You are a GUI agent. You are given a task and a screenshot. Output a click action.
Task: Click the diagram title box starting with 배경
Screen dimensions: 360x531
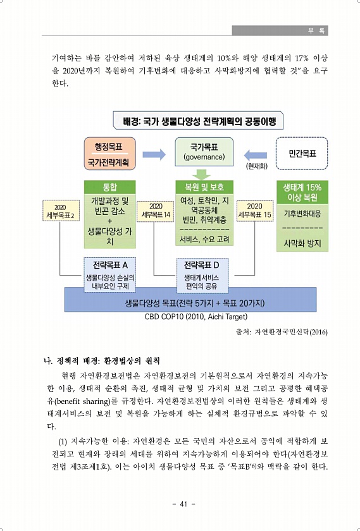coord(198,121)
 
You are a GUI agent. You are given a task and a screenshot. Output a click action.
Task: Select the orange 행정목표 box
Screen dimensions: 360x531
coord(109,154)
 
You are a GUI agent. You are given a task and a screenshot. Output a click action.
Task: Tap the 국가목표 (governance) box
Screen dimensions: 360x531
coord(204,152)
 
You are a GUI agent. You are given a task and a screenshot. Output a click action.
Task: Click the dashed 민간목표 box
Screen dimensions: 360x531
coord(302,154)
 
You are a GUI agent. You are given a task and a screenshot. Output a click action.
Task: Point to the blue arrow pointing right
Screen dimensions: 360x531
coord(154,155)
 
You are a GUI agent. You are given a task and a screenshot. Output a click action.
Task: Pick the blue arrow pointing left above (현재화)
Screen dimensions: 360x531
coord(255,156)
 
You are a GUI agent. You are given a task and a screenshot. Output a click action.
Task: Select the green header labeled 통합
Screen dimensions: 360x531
coord(110,187)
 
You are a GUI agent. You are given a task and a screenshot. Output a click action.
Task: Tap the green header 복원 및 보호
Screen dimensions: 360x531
coord(204,187)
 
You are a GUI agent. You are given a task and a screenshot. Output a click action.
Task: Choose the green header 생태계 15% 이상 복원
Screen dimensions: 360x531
coord(302,192)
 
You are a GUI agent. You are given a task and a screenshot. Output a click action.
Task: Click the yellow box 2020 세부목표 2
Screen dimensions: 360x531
coord(61,211)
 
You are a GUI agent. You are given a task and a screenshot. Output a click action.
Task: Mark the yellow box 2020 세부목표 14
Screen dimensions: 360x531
coord(156,211)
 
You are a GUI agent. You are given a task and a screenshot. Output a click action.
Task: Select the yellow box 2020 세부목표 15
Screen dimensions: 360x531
coord(254,211)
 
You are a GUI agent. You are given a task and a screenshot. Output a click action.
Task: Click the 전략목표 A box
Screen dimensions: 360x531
coord(110,276)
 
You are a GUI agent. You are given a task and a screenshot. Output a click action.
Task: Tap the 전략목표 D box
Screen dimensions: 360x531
coord(202,276)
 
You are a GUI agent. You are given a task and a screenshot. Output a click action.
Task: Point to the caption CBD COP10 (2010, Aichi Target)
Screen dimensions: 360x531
coord(196,317)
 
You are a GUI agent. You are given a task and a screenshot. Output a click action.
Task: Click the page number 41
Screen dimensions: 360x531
coord(183,504)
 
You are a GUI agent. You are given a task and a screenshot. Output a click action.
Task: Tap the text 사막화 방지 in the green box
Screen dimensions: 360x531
coord(302,243)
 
